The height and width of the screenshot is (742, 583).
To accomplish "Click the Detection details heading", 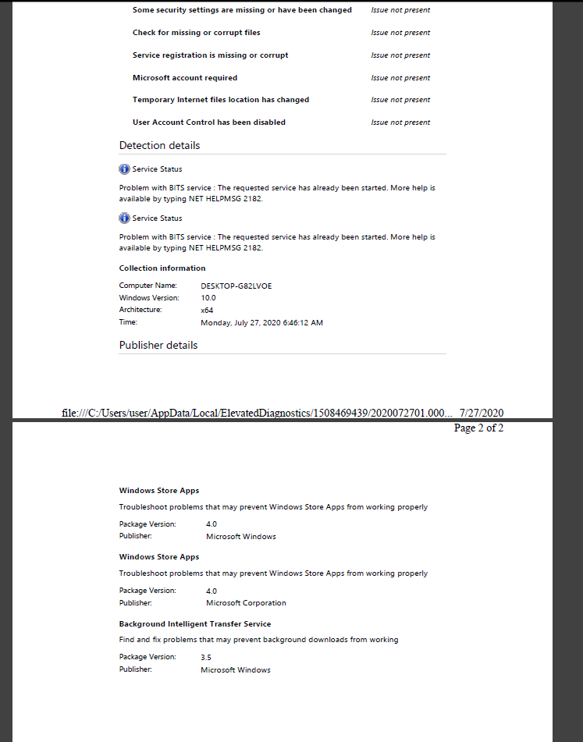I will tap(159, 146).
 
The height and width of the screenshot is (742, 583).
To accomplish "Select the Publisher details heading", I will tap(158, 346).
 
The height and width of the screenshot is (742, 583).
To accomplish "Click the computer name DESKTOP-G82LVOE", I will tap(236, 286).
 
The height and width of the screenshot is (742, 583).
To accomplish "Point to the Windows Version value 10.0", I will tap(208, 298).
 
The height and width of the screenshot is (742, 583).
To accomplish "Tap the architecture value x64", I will tap(207, 310).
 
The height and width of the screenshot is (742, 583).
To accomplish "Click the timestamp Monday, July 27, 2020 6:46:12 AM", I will tap(261, 322).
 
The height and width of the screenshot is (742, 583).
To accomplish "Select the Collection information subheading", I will tap(162, 268).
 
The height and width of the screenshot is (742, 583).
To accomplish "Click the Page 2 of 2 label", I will tap(478, 428).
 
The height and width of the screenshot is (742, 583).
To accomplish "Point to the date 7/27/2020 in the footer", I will tap(482, 413).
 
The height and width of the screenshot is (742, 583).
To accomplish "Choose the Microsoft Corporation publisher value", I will tap(246, 603).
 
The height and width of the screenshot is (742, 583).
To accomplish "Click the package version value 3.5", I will tap(206, 658).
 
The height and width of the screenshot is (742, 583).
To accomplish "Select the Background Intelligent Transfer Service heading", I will tap(195, 624).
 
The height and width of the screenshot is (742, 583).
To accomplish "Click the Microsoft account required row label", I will tap(185, 78).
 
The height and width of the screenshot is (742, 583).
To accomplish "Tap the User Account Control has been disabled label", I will tap(209, 122).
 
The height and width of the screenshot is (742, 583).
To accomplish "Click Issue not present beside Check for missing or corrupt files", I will tap(400, 33).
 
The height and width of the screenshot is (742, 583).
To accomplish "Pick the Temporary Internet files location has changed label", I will tap(221, 100).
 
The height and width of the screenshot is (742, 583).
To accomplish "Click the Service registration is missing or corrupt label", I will tap(211, 55).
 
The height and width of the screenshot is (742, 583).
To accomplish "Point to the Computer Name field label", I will tap(148, 286).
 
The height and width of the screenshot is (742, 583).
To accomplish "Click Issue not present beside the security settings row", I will tap(400, 10).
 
